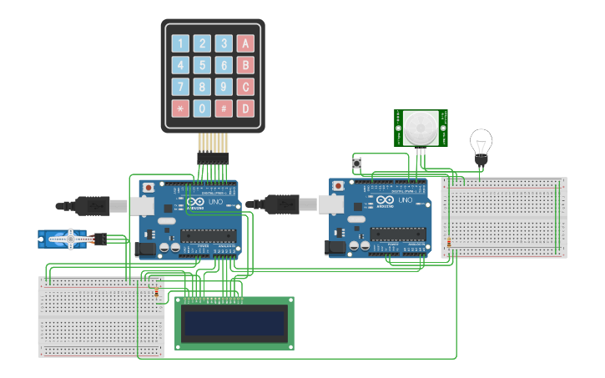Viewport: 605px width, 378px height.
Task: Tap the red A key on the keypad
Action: click(245, 43)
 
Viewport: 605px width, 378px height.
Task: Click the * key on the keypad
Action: click(179, 108)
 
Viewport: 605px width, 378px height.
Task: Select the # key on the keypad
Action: click(224, 108)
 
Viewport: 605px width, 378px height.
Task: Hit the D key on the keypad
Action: click(245, 108)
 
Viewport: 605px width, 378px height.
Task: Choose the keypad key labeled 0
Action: click(202, 108)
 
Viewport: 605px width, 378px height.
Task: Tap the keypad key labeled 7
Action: click(179, 87)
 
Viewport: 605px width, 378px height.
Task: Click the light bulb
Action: click(481, 145)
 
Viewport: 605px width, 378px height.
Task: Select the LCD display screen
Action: click(234, 322)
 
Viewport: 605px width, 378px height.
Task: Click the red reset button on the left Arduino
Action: click(149, 187)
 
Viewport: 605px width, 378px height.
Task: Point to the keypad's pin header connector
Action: click(212, 157)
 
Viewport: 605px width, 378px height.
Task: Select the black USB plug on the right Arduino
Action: click(284, 203)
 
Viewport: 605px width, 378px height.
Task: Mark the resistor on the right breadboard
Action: click(449, 243)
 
